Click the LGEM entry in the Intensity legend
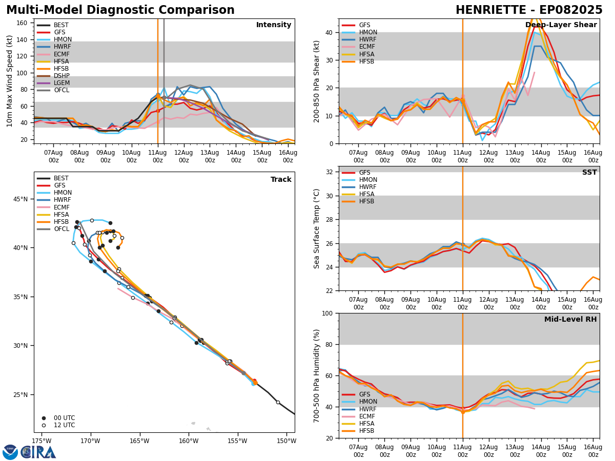[x=61, y=83]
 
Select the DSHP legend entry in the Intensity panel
[x=61, y=76]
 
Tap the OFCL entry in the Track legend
[x=61, y=229]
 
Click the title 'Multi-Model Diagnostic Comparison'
[x=120, y=10]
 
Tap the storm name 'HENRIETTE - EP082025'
[x=529, y=10]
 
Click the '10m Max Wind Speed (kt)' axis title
[x=9, y=81]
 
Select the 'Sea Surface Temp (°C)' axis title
[x=317, y=228]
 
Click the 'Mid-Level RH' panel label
[x=570, y=320]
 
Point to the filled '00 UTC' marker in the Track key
[x=44, y=418]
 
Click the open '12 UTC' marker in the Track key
[x=44, y=425]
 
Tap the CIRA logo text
[x=39, y=452]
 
